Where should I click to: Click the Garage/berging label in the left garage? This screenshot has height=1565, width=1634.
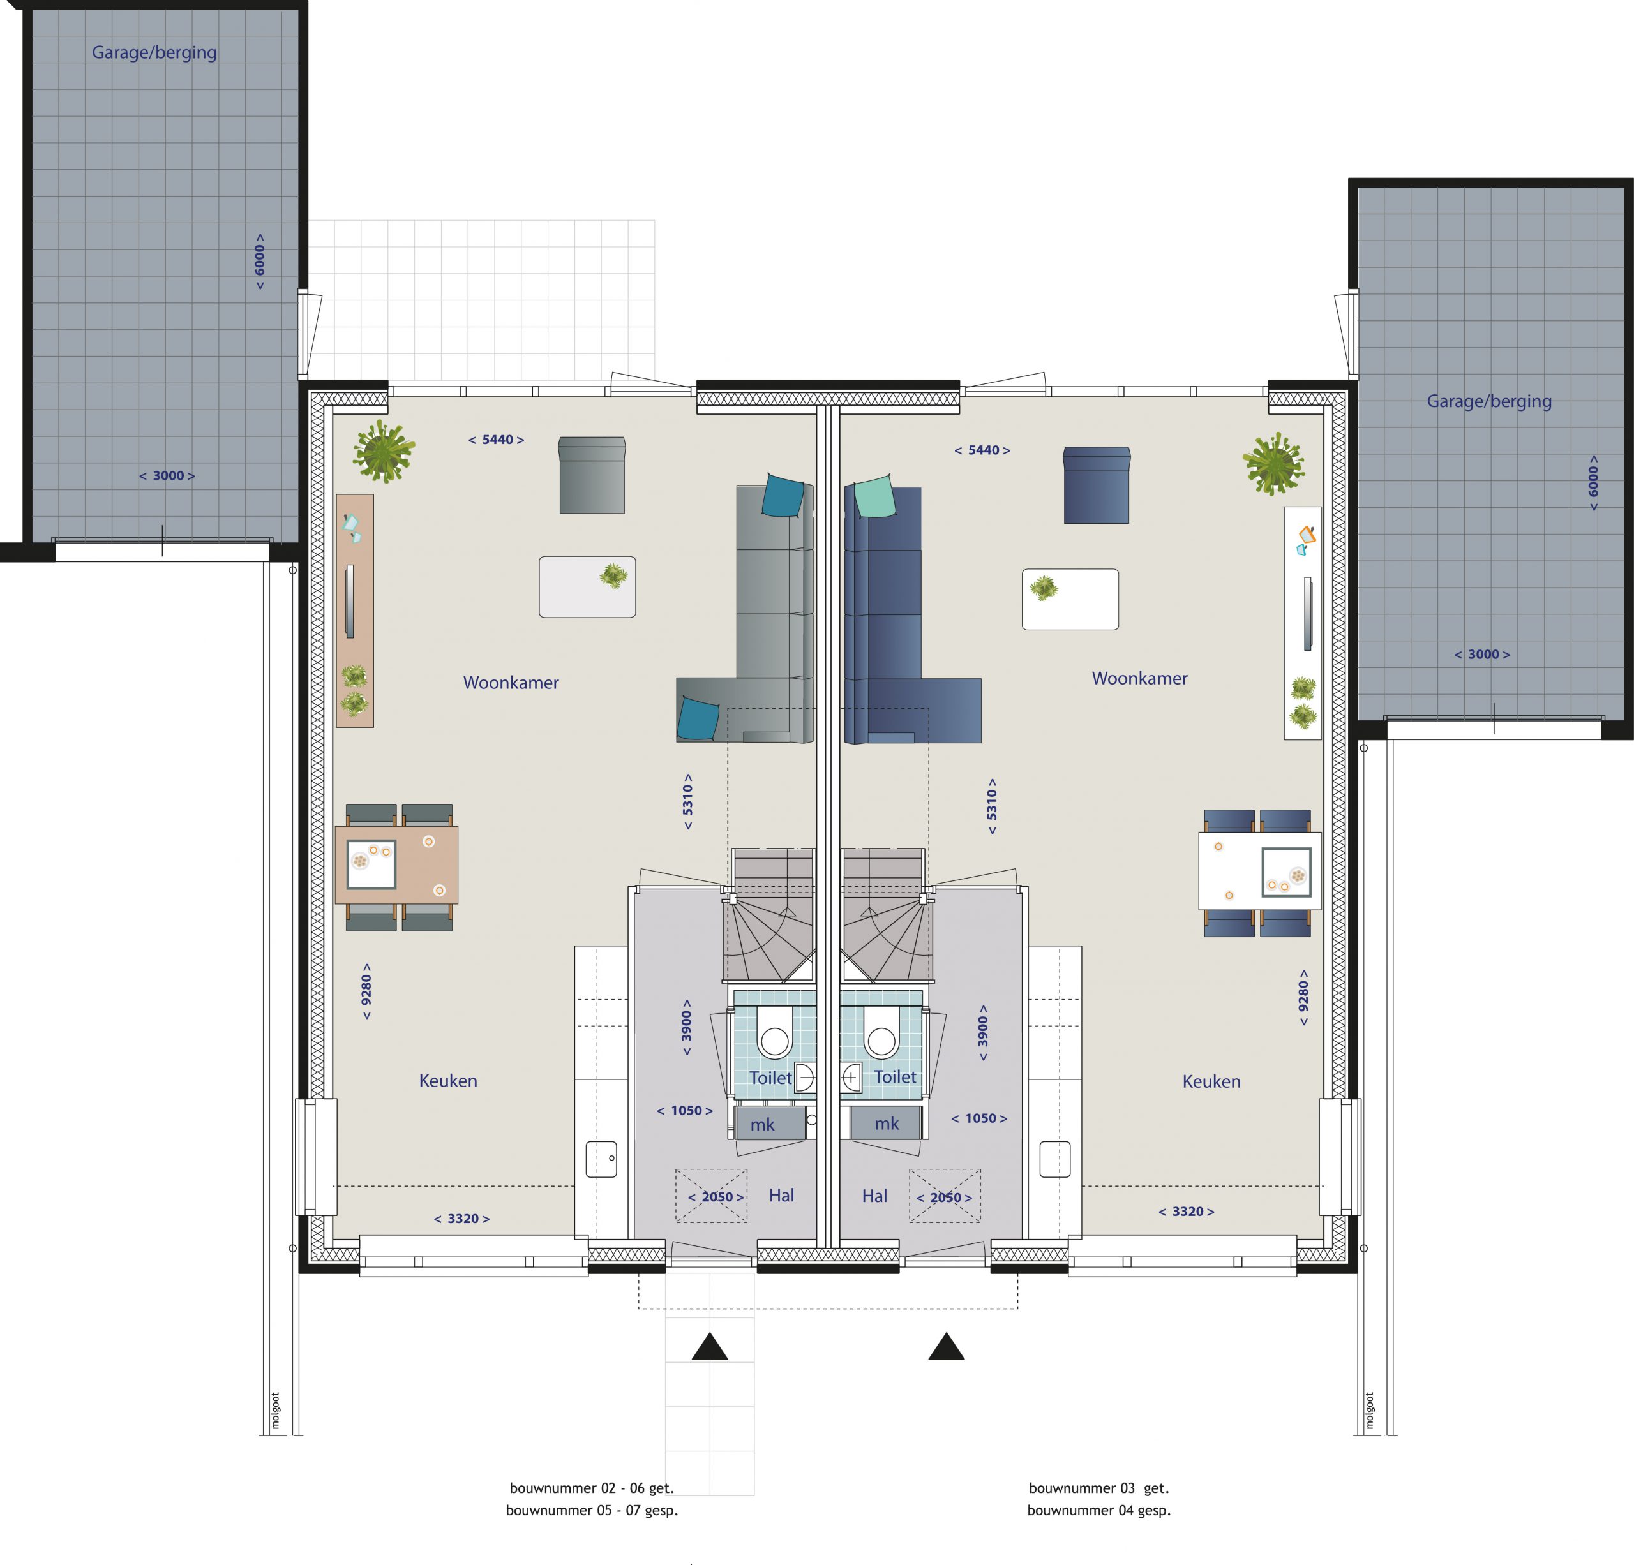154,52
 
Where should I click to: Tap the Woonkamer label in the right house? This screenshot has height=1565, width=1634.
1139,678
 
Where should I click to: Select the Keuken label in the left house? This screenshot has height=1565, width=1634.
447,1081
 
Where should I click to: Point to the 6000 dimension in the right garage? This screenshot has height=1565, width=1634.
1593,482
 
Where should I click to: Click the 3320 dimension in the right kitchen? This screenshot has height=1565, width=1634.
1187,1212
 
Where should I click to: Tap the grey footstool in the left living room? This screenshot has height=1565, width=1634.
592,475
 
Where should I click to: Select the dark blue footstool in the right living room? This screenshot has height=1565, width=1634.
1097,485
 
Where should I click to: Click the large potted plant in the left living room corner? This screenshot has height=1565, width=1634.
384,451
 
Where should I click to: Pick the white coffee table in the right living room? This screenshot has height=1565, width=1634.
1070,599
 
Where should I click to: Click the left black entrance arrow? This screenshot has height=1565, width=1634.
710,1346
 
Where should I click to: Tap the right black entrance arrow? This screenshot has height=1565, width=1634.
946,1346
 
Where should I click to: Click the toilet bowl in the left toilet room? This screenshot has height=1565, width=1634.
774,1034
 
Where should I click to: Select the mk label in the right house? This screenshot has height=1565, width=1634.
887,1124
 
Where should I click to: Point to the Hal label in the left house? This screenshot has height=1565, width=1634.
781,1195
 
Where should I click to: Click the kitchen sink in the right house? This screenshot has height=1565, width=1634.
1054,1159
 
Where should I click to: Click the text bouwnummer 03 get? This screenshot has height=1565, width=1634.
1098,1488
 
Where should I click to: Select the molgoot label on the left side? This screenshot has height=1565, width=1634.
276,1411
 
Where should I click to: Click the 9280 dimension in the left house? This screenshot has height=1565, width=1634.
366,991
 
